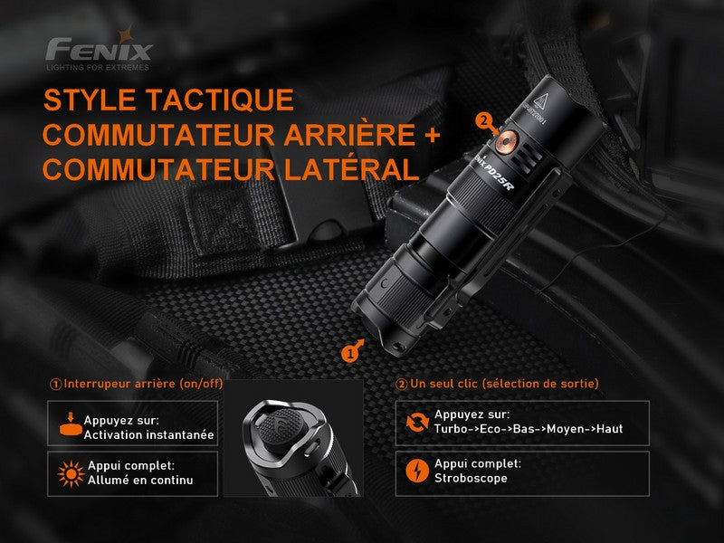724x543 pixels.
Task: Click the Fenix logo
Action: [99, 46]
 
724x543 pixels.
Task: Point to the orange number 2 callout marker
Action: [483, 119]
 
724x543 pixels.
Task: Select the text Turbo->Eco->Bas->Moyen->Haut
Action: [529, 429]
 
